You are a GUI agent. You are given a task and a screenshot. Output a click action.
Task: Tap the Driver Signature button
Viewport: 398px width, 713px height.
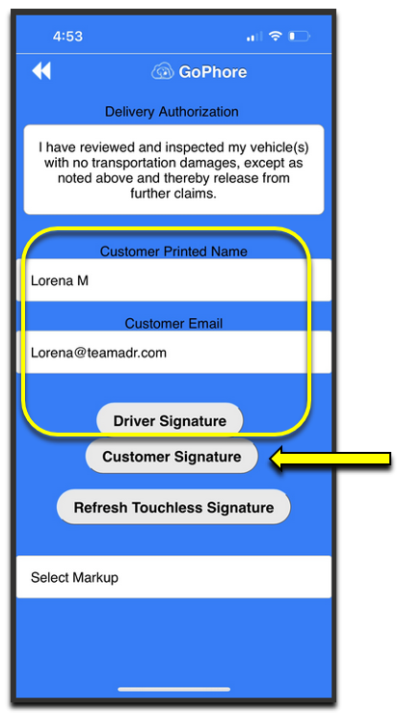click(170, 421)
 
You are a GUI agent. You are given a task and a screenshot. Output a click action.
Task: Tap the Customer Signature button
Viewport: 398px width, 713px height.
click(172, 457)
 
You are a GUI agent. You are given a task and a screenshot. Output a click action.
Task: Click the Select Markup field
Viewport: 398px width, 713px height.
click(173, 577)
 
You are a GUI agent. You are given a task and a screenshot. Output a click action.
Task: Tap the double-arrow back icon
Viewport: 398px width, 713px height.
click(41, 71)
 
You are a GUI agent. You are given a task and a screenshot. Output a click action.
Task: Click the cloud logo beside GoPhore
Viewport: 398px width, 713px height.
click(163, 72)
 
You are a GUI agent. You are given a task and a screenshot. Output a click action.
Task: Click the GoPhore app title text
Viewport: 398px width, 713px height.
click(212, 72)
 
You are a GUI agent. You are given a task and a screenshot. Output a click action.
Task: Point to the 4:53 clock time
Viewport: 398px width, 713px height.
click(67, 37)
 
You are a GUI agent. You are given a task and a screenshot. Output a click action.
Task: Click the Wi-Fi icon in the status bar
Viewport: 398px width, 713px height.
click(276, 36)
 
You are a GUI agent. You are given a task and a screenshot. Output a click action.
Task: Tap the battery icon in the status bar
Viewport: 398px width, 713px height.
click(299, 37)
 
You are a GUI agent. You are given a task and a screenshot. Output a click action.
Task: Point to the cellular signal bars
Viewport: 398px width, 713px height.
click(253, 37)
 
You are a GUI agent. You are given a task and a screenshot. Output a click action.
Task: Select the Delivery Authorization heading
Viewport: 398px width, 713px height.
click(172, 112)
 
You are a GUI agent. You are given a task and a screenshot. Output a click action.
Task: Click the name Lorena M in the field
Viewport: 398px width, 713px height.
click(60, 280)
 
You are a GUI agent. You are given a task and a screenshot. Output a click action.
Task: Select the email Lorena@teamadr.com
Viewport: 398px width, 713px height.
click(98, 353)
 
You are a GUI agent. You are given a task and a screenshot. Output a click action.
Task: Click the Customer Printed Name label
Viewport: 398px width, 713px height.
click(173, 251)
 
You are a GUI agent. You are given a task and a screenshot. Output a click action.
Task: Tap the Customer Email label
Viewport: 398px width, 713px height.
click(173, 324)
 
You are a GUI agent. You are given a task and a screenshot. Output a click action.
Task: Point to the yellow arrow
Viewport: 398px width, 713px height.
click(331, 459)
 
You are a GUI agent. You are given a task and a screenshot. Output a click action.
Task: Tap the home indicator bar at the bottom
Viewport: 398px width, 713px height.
click(173, 689)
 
